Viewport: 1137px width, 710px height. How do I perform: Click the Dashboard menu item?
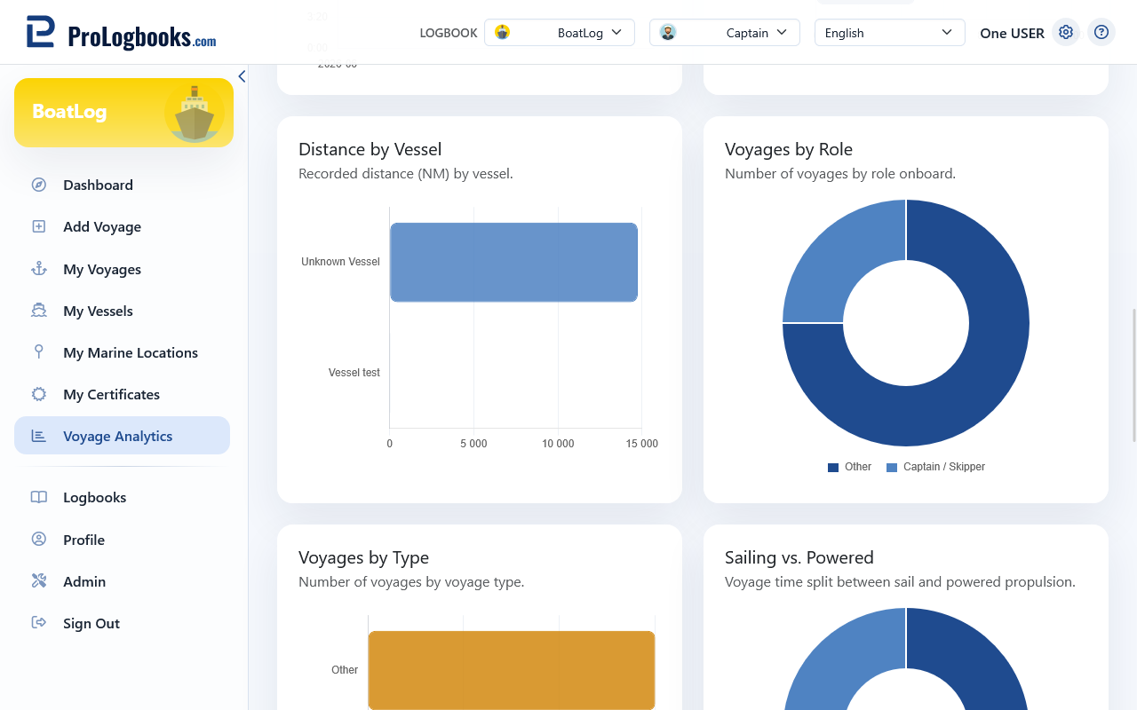click(98, 185)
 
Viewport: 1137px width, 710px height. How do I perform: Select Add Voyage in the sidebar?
click(102, 226)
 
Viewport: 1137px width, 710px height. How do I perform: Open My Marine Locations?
click(131, 352)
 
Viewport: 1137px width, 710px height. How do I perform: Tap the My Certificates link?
click(111, 395)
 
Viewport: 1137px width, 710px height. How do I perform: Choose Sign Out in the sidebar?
click(91, 623)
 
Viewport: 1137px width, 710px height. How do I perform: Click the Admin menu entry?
click(84, 581)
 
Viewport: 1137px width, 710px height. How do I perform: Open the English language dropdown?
click(889, 33)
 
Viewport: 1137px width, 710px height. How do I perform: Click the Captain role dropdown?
click(724, 33)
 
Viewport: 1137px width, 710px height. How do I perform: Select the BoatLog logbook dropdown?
click(560, 33)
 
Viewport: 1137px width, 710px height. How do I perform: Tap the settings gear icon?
click(1065, 33)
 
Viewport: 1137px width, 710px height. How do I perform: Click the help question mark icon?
click(1101, 33)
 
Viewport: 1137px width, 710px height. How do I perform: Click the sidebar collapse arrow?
click(243, 76)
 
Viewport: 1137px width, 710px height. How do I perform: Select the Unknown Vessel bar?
click(513, 262)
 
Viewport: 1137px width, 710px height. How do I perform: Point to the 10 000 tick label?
click(558, 444)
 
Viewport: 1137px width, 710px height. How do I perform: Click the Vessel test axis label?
click(354, 373)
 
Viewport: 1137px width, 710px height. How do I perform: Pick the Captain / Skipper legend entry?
click(935, 467)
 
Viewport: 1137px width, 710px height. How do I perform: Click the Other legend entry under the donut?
click(849, 467)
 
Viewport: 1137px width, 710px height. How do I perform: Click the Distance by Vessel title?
click(370, 150)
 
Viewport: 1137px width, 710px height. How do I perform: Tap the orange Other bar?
click(511, 670)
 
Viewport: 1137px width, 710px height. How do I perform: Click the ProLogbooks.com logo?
click(122, 33)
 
